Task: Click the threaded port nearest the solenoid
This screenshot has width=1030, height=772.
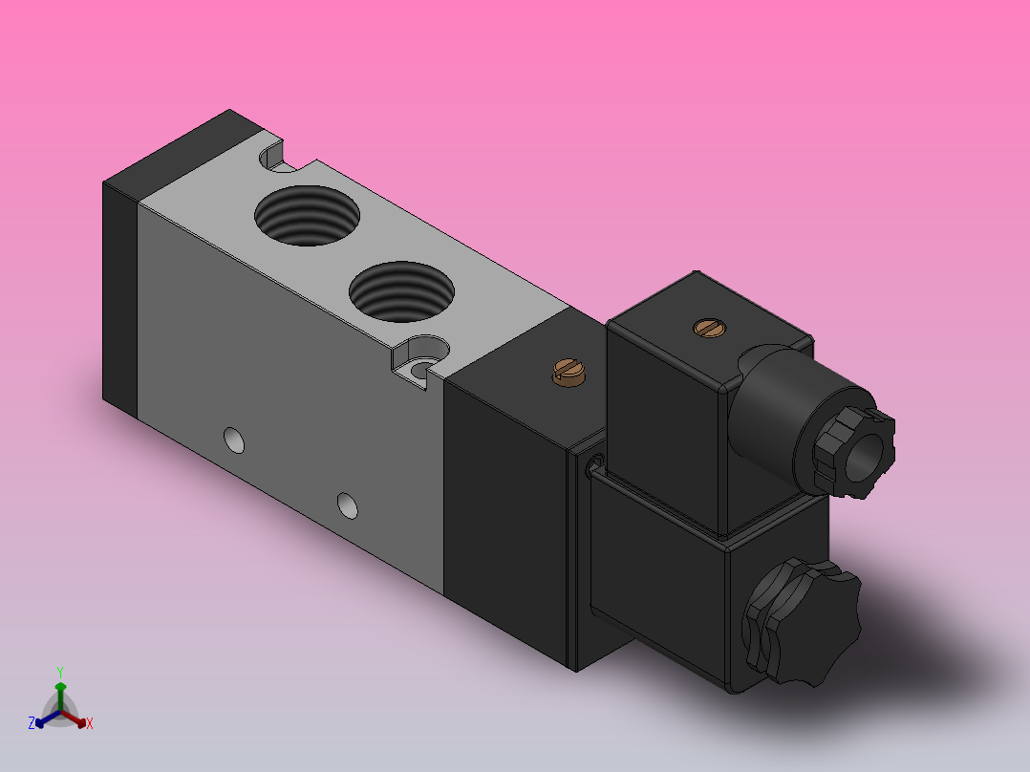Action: [x=401, y=292]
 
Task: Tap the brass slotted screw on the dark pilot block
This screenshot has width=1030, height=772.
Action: [x=568, y=372]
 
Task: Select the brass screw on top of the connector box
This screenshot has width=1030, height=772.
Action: [x=708, y=329]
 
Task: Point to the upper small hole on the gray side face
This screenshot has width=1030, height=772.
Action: [x=232, y=440]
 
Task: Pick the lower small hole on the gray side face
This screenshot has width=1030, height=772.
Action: [x=349, y=504]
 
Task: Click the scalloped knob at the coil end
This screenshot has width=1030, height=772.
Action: [x=803, y=623]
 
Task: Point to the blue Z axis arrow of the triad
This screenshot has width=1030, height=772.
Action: [x=41, y=719]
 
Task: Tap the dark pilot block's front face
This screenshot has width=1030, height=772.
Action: [x=506, y=506]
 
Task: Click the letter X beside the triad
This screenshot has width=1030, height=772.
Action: [x=90, y=724]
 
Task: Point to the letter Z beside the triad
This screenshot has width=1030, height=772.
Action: [x=32, y=724]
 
